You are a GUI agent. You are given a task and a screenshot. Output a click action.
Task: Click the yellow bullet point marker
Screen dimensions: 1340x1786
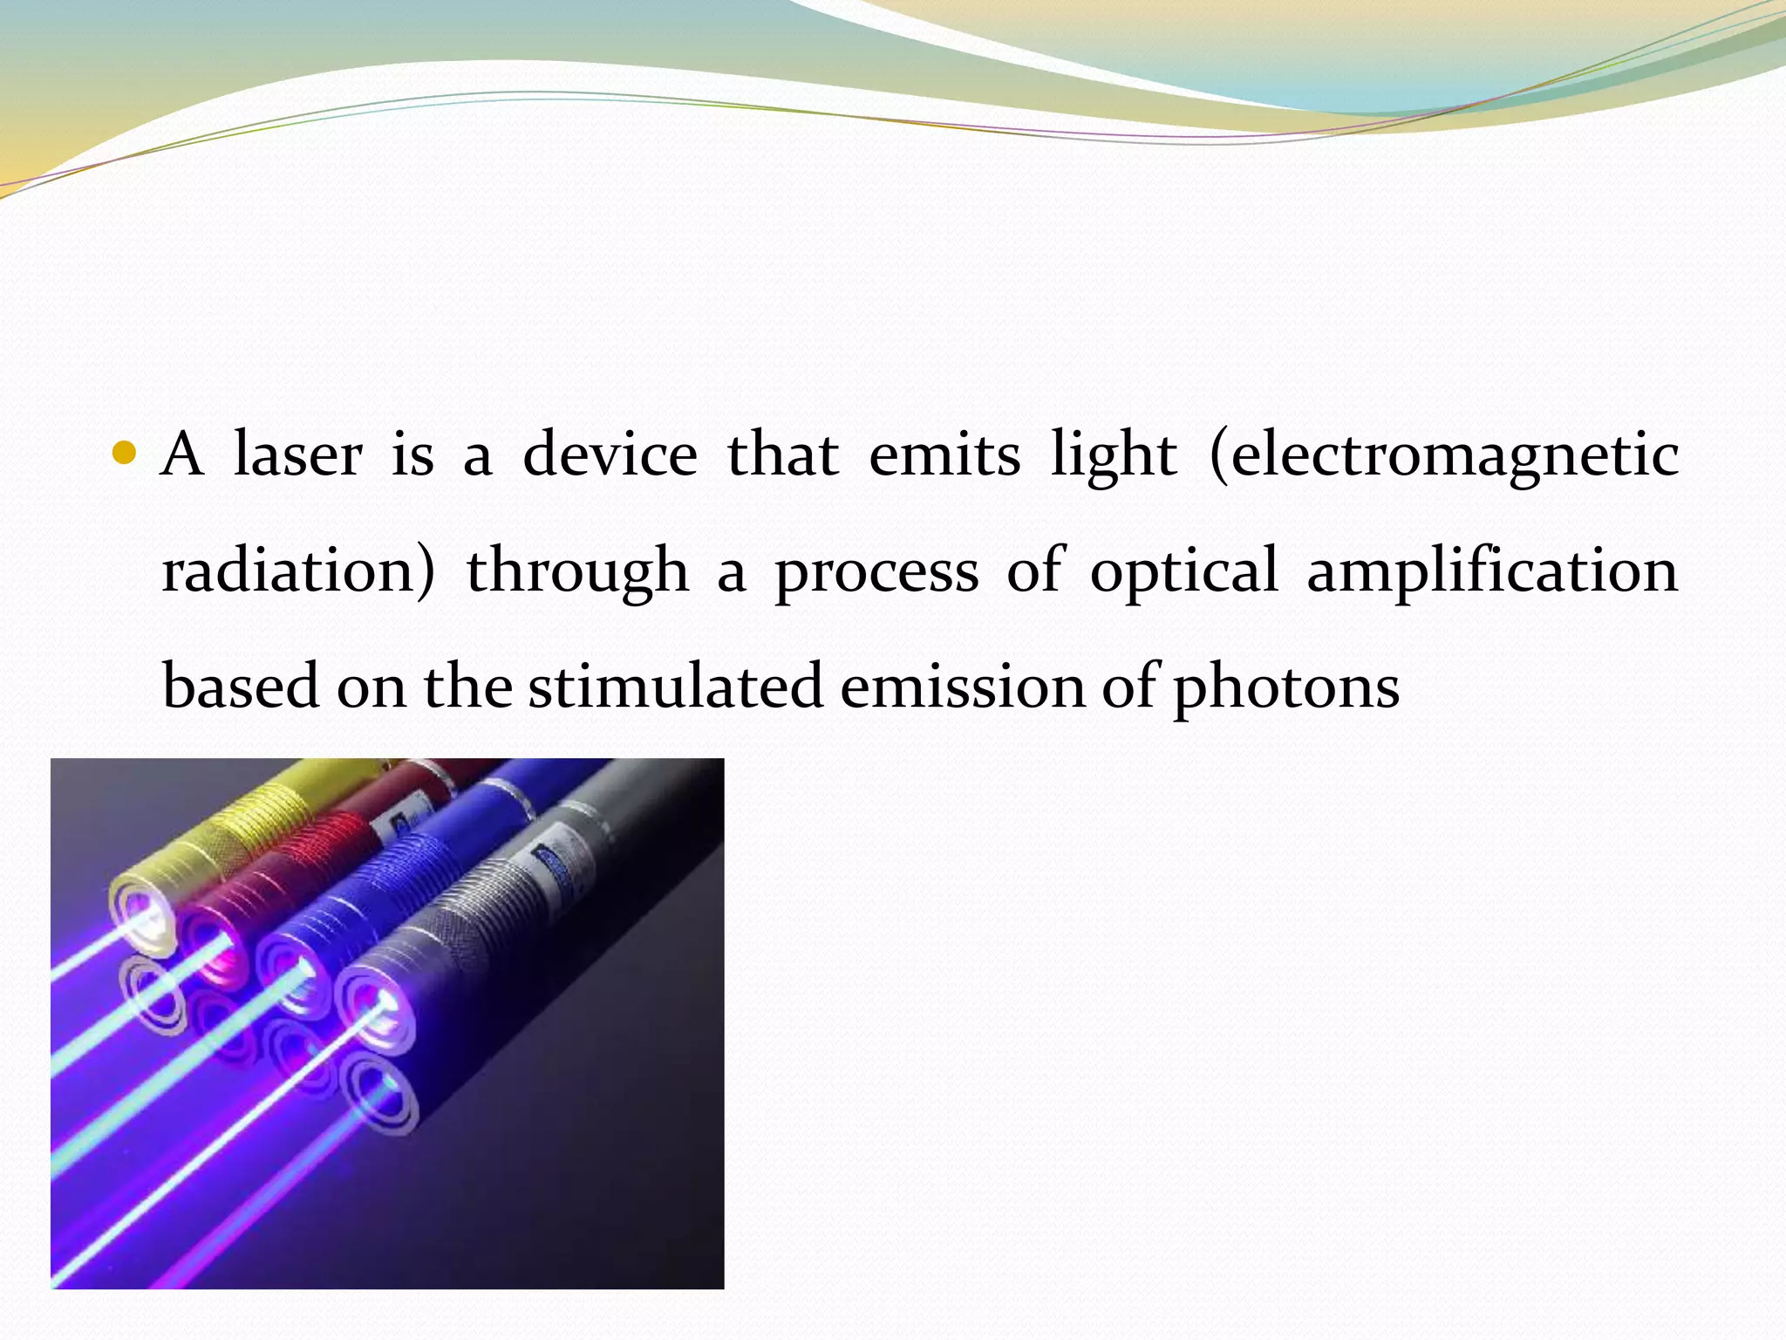coord(126,453)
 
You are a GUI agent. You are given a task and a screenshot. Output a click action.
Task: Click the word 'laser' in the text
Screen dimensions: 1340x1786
coord(297,455)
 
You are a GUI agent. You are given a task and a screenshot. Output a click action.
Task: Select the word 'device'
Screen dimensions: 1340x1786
coord(610,455)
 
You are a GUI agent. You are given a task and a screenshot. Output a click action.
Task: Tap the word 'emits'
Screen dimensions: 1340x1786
coord(944,455)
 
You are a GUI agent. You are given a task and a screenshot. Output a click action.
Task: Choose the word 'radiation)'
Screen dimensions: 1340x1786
coord(298,571)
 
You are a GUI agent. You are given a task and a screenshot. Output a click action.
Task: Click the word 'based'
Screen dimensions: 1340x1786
coord(241,687)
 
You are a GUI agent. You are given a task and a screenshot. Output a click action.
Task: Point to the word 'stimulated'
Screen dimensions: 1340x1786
coord(676,687)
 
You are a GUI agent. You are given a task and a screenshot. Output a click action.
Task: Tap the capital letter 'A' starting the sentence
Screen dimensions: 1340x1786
coord(182,455)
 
